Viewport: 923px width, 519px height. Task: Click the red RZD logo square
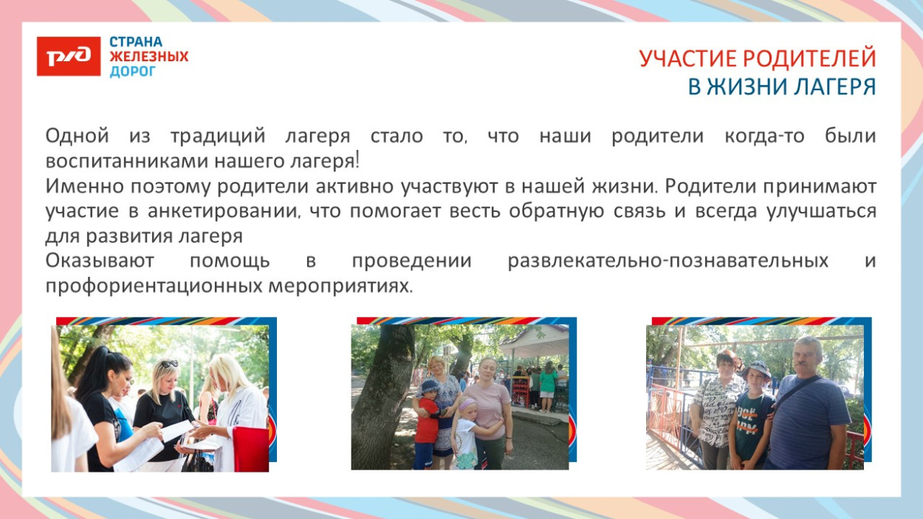pos(68,57)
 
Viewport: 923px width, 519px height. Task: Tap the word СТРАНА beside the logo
pos(136,42)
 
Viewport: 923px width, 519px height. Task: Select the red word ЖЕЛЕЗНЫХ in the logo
pos(149,57)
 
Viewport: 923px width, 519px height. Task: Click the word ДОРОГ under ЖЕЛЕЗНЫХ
pos(133,72)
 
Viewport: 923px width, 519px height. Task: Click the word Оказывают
pos(99,261)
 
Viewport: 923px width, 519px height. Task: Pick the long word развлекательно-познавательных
pos(668,261)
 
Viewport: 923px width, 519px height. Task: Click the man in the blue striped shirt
pos(809,421)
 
